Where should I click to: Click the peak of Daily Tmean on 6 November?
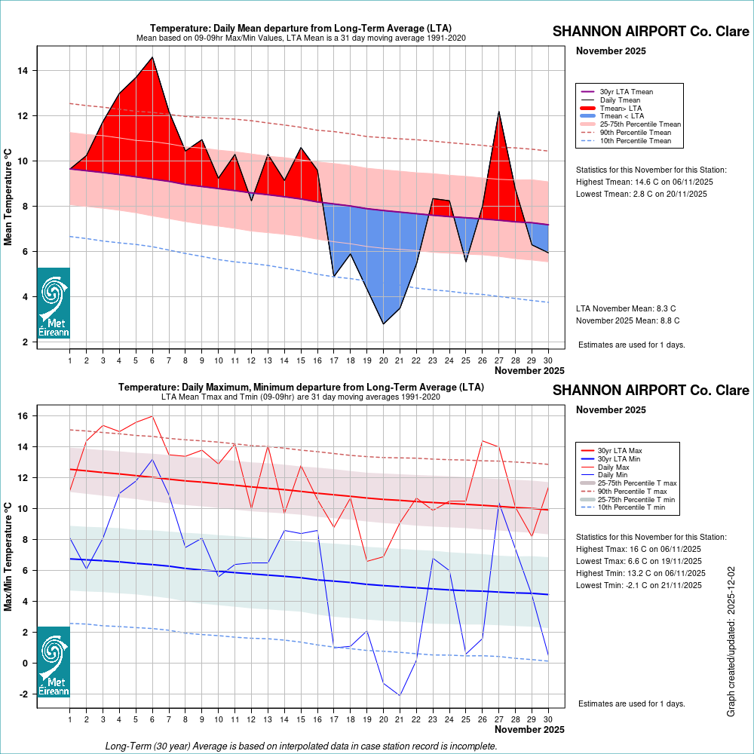click(153, 57)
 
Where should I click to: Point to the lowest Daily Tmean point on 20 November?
click(384, 324)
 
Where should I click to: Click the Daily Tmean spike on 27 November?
click(499, 112)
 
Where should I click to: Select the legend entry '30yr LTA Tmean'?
click(626, 92)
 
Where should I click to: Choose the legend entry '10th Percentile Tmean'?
click(635, 140)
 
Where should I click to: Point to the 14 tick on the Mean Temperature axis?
click(23, 71)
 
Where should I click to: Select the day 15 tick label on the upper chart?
click(301, 360)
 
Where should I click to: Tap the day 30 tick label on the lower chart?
click(548, 719)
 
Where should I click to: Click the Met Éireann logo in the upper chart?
click(54, 303)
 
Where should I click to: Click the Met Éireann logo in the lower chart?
click(54, 661)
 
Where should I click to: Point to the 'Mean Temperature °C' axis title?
click(9, 195)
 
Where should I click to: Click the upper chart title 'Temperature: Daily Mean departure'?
click(301, 29)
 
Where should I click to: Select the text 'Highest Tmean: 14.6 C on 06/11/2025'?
click(645, 182)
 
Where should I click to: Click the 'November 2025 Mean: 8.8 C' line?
click(628, 320)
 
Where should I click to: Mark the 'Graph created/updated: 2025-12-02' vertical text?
click(731, 642)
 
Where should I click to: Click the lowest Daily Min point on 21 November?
click(400, 695)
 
